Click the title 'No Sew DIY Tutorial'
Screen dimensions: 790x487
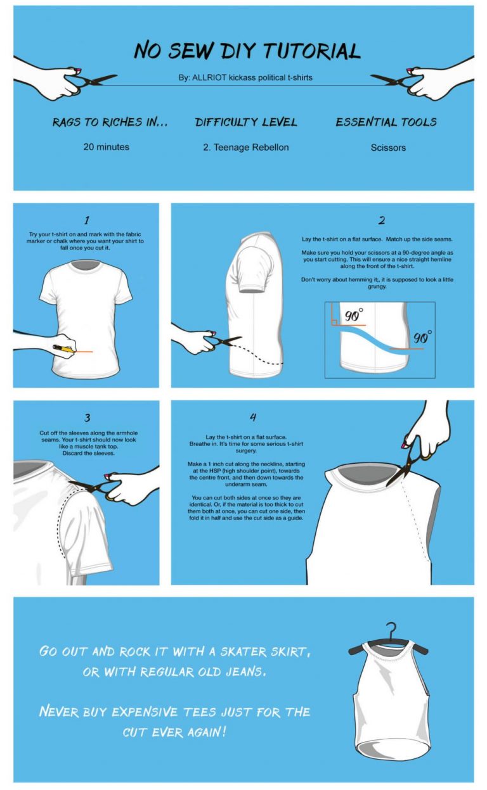247,50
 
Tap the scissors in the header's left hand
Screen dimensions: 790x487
95,80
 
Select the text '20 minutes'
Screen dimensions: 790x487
106,147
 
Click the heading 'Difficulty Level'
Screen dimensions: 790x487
246,122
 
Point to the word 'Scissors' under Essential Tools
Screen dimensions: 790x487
388,148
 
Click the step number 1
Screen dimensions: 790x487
86,220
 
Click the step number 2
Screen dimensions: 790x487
381,220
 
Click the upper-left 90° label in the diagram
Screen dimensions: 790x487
353,315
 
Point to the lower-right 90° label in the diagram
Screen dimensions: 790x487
422,337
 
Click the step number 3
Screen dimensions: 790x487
87,417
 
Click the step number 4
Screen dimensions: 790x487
253,417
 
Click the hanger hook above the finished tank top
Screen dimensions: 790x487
394,630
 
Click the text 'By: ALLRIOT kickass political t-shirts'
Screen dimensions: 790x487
245,78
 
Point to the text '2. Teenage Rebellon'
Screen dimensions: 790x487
245,147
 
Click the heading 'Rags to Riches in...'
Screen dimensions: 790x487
110,122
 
